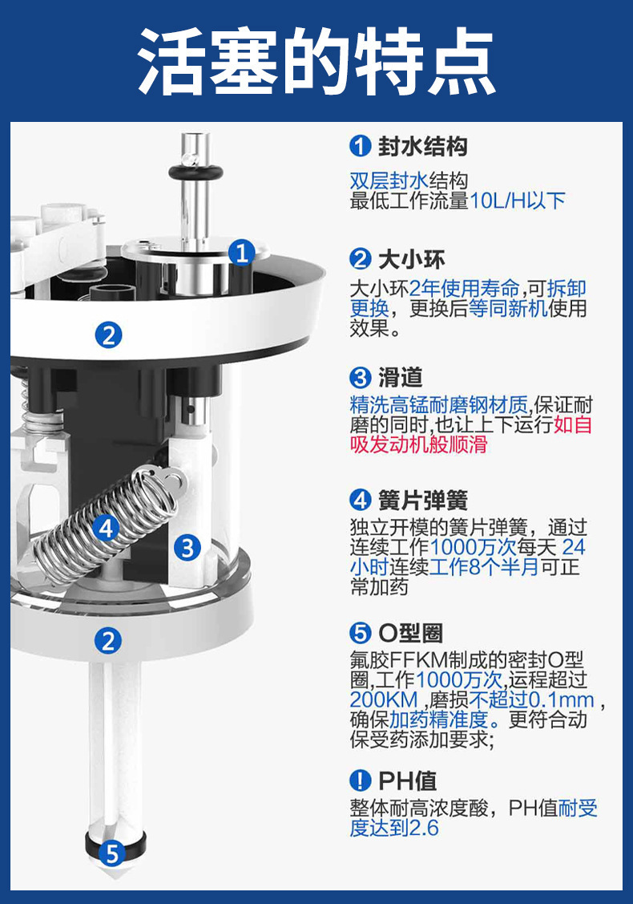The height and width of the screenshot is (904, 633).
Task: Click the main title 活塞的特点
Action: point(316,60)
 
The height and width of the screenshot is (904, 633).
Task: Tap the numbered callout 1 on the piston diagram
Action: point(242,253)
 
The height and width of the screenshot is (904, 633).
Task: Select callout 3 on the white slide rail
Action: point(187,547)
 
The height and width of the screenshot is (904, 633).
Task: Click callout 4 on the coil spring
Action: point(106,527)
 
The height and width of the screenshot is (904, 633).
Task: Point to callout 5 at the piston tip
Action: point(112,853)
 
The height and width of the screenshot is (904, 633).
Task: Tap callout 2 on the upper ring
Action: point(108,335)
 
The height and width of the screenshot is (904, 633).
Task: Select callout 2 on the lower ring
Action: point(107,641)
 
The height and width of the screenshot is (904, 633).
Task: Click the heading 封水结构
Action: point(422,147)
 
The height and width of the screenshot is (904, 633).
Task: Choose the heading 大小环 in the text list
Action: point(411,259)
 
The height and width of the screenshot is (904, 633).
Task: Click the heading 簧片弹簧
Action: point(422,500)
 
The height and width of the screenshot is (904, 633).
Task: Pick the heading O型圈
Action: point(411,633)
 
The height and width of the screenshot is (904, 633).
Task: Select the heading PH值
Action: point(407,781)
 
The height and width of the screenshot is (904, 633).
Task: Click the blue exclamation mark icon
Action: point(360,781)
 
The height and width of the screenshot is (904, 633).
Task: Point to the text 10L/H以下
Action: point(518,201)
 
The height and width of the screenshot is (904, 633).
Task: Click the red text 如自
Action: point(573,425)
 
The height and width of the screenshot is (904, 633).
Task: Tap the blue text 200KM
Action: point(384,699)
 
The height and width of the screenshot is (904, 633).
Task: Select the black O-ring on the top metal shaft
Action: point(195,172)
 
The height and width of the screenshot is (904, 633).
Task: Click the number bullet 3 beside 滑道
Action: point(360,378)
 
